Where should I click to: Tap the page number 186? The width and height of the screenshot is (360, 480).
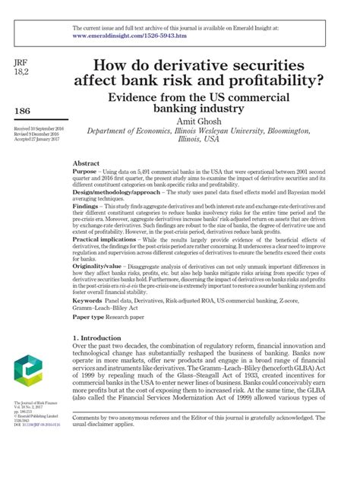point(24,112)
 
